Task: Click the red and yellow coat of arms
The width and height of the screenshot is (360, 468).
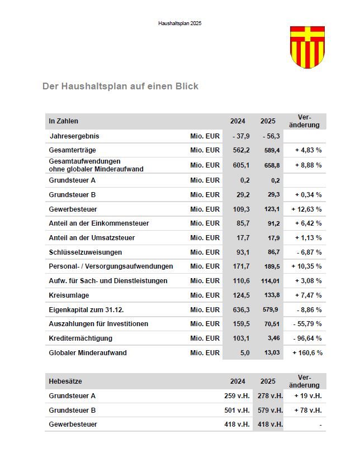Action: [x=307, y=47]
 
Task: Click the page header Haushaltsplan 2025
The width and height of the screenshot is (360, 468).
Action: [x=179, y=23]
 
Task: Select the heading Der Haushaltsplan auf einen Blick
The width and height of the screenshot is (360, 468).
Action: [x=120, y=87]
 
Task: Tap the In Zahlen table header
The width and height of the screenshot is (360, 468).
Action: [x=64, y=121]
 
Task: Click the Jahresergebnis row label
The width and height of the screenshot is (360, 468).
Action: [x=74, y=136]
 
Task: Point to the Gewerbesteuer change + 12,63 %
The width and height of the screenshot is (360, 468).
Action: [x=306, y=209]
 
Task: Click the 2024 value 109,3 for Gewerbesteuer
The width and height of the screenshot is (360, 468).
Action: [x=240, y=209]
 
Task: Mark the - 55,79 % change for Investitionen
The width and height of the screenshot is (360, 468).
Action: [x=307, y=324]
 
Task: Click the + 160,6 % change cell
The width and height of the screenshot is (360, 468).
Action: [x=307, y=353]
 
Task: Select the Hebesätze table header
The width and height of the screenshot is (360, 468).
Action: [x=65, y=381]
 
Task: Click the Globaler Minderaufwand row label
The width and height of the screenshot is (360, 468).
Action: [x=88, y=353]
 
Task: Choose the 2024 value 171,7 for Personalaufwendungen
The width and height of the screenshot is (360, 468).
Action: [x=240, y=266]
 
